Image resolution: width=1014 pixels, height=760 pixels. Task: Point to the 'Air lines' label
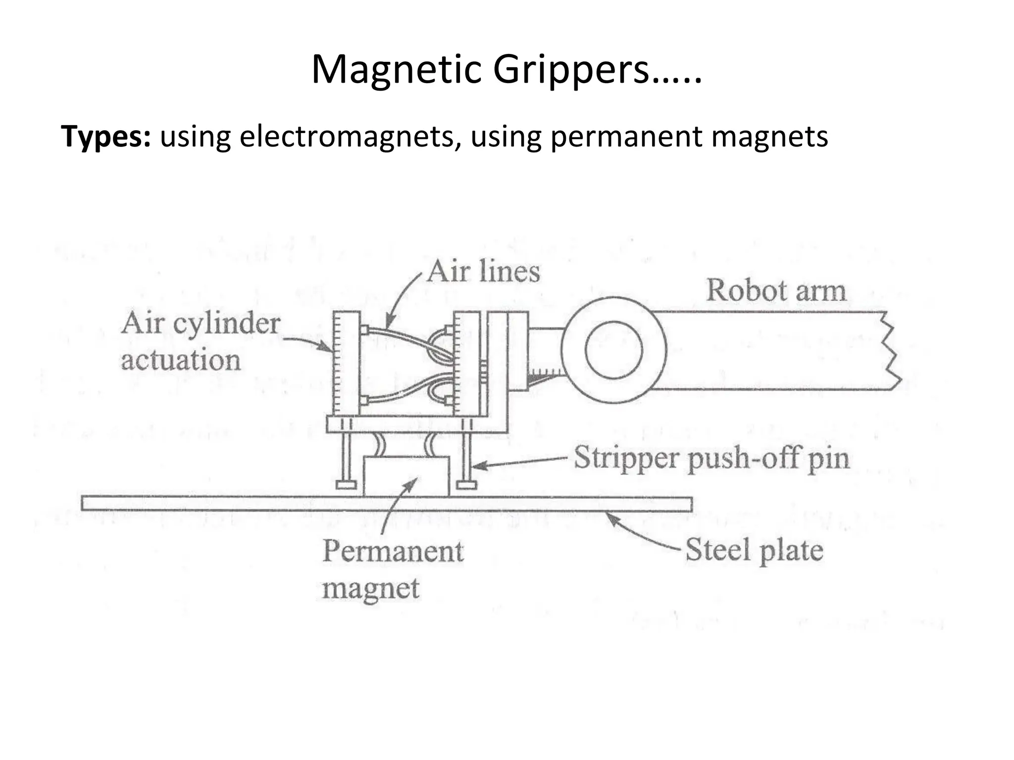tap(483, 272)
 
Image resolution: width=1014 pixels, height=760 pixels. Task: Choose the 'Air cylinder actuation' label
tap(201, 341)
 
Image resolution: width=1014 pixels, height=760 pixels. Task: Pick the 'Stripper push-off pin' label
tap(711, 459)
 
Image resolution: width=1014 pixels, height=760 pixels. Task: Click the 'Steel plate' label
tap(754, 550)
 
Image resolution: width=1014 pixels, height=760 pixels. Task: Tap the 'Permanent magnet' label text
tap(393, 569)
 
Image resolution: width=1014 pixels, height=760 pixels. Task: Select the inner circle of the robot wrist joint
tap(613, 350)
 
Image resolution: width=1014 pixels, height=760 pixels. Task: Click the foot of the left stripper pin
tap(346, 484)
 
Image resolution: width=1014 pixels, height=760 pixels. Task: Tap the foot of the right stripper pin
tap(466, 484)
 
